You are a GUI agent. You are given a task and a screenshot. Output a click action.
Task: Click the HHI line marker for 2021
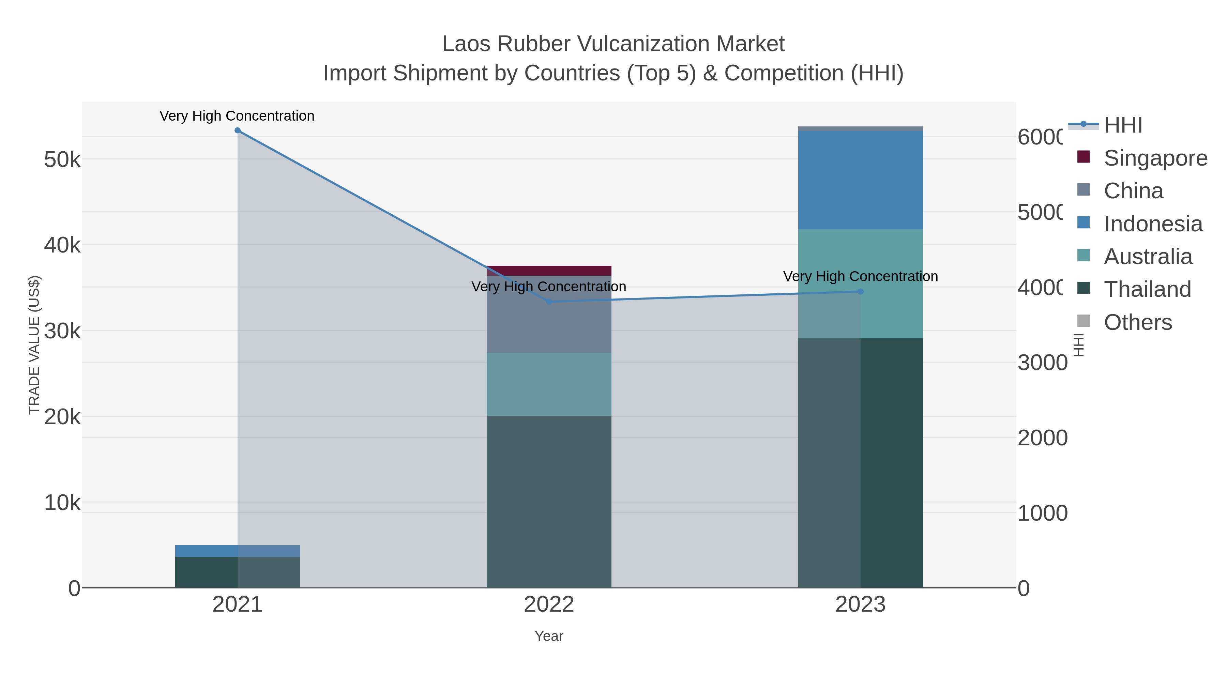[x=238, y=131]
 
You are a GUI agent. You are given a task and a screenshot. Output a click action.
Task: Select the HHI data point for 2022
[x=549, y=302]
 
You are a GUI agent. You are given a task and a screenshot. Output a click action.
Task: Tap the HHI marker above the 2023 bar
[x=860, y=291]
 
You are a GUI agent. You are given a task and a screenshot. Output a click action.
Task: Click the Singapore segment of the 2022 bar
[x=549, y=271]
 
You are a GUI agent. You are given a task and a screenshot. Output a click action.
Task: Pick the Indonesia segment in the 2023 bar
[x=860, y=180]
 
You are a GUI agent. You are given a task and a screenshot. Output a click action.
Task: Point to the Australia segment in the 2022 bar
[x=549, y=385]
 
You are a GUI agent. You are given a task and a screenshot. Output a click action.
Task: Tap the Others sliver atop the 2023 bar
[x=860, y=128]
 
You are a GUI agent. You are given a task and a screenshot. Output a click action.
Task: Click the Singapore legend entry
[x=1155, y=158]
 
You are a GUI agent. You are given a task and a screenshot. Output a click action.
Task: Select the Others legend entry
[x=1137, y=322]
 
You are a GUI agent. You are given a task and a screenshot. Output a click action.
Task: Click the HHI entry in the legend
[x=1123, y=125]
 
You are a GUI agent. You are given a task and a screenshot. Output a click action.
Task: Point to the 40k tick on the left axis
[x=62, y=245]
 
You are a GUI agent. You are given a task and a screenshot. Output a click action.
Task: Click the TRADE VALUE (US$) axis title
[x=34, y=345]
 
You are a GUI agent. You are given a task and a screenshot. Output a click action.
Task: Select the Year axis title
[x=549, y=636]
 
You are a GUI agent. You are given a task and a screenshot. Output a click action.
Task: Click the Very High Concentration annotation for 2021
[x=237, y=116]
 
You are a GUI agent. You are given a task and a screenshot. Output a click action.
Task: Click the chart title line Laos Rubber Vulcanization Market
[x=613, y=44]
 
